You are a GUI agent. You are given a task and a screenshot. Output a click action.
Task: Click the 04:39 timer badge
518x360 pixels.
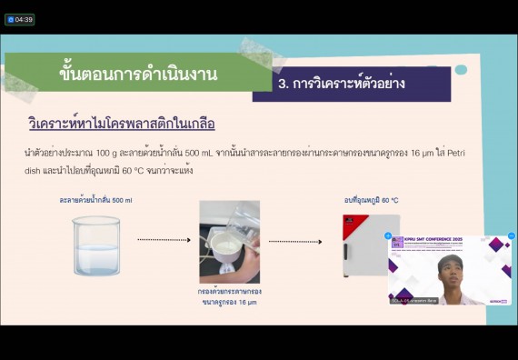tap(19, 19)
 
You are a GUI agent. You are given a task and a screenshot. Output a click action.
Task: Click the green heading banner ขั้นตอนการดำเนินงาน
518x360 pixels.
tap(137, 74)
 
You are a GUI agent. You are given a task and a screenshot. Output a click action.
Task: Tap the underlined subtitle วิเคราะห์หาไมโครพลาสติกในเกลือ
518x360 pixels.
tap(121, 123)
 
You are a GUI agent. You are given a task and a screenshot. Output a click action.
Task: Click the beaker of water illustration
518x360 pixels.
tap(95, 245)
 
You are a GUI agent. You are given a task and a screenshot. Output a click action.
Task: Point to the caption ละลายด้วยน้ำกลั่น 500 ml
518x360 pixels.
tap(95, 200)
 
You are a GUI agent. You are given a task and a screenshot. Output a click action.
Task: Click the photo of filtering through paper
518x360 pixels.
tap(229, 242)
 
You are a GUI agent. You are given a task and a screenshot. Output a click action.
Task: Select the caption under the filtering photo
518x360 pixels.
tap(229, 296)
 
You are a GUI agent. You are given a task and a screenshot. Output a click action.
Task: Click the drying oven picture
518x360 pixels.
tap(370, 245)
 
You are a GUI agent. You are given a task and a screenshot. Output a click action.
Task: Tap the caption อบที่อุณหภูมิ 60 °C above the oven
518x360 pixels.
tap(371, 200)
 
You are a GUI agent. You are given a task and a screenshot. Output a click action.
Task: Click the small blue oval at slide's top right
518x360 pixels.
tap(461, 70)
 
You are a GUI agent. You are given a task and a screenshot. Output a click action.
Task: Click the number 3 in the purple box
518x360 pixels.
tap(284, 84)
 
